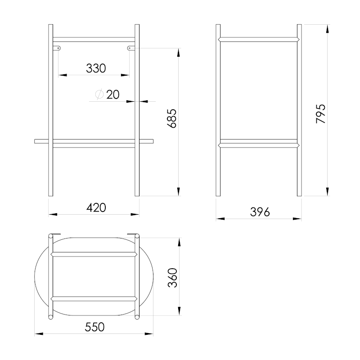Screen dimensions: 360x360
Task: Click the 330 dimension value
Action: click(96, 68)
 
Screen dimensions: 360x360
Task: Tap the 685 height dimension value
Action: click(172, 119)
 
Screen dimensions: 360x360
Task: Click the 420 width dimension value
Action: click(96, 207)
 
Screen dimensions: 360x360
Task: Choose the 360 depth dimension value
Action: click(172, 278)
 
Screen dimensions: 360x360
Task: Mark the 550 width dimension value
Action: click(94, 327)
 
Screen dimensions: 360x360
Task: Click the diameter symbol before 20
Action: click(99, 94)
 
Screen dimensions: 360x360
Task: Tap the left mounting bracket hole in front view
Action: click(58, 47)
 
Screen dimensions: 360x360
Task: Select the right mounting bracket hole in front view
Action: click(130, 47)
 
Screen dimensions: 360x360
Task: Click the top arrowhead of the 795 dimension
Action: click(327, 26)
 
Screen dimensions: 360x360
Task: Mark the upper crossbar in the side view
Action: click(259, 40)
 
